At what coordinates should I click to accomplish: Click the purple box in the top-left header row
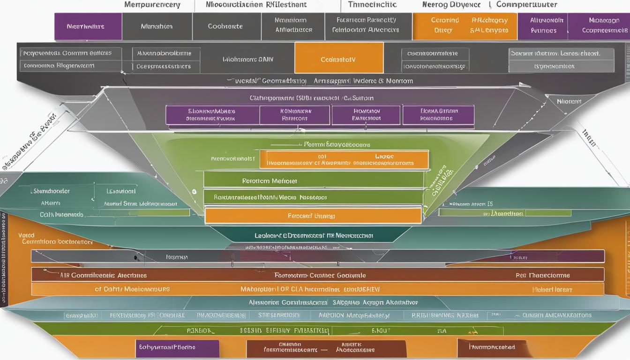click(x=88, y=27)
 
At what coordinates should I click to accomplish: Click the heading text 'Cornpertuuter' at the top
click(x=526, y=5)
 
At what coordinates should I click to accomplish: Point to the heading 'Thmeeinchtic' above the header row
click(x=372, y=5)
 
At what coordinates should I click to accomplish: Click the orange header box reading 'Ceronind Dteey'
click(x=444, y=25)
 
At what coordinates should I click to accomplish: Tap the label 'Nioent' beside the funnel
click(x=569, y=101)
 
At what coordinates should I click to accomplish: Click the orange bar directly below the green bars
click(x=313, y=216)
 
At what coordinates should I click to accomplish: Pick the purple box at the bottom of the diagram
click(x=177, y=348)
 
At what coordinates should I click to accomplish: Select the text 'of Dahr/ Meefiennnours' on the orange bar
click(x=132, y=289)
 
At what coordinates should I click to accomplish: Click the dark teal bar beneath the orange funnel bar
click(x=313, y=235)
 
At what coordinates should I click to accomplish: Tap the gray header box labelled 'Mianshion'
click(x=157, y=27)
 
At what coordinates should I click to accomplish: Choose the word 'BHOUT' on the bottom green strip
click(x=381, y=330)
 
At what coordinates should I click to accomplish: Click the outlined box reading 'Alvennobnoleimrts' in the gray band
click(x=164, y=53)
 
